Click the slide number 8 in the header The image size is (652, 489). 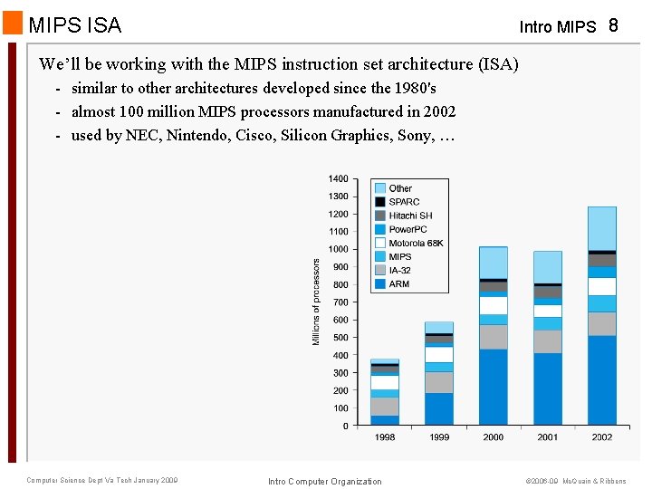(613, 24)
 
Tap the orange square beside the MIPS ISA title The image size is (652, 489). (13, 23)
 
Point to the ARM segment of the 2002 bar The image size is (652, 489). (601, 380)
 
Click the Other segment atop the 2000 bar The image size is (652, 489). (493, 263)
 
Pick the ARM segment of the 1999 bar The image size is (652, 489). (438, 409)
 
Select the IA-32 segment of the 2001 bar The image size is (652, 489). (547, 341)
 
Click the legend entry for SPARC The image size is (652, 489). (404, 202)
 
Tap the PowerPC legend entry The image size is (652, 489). (407, 229)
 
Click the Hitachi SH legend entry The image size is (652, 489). (410, 216)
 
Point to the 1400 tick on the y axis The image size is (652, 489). (338, 179)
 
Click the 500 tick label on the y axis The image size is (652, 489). (339, 338)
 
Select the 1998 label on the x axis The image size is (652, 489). (385, 437)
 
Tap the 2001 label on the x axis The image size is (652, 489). (547, 437)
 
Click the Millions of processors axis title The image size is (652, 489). (316, 302)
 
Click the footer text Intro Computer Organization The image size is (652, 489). (325, 481)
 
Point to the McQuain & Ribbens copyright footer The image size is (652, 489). (575, 481)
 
